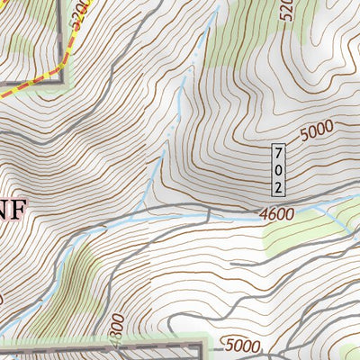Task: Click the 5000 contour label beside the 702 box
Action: pyautogui.click(x=316, y=131)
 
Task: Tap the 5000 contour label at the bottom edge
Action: pyautogui.click(x=242, y=346)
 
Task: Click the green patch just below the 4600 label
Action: pyautogui.click(x=288, y=236)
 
